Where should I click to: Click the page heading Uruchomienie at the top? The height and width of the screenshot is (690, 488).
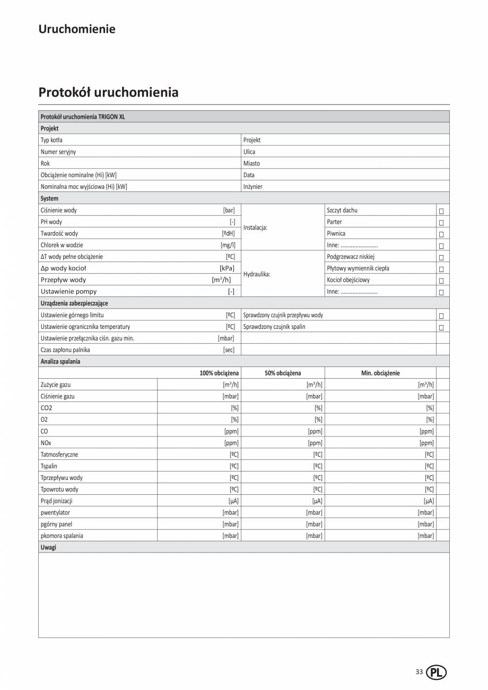coord(76,29)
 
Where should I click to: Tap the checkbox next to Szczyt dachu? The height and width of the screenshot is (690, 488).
coord(441,211)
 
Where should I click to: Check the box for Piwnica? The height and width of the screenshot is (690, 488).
coord(441,234)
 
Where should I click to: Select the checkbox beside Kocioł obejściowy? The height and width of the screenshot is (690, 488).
coord(441,281)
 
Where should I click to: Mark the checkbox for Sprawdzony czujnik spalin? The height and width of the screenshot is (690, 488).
coord(441,327)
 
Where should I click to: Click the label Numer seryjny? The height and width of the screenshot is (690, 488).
coord(58,152)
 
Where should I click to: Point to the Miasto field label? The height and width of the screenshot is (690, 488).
coord(251,163)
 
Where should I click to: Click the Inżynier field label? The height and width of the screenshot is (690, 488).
coord(252,187)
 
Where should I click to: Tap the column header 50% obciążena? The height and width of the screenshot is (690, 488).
coord(283,373)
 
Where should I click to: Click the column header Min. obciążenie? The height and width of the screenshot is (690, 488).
coord(380,373)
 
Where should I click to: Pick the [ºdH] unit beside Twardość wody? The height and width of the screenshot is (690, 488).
coord(228,233)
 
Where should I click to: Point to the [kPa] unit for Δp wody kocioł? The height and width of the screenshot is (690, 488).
coord(227,268)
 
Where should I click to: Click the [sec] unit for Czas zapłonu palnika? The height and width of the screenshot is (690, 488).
coord(229,350)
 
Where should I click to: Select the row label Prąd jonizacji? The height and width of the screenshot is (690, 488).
coord(56,501)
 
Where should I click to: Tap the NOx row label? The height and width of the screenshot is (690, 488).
coord(46,443)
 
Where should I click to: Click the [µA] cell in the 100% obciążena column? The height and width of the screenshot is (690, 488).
coord(233,501)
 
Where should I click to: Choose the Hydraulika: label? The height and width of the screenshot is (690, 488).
coord(257,274)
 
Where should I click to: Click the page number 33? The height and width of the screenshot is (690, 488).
coord(419,672)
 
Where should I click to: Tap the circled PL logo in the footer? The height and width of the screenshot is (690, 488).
coord(437,672)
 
